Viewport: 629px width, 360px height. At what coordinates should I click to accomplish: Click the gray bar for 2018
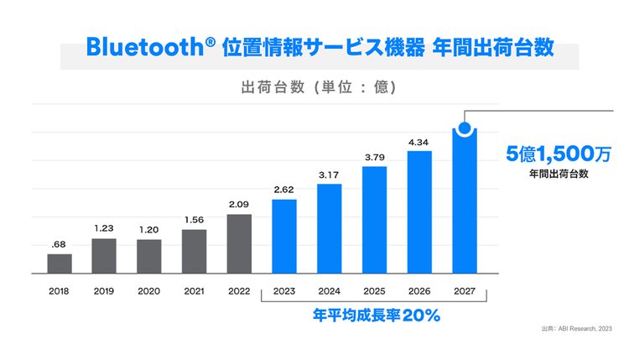(60, 263)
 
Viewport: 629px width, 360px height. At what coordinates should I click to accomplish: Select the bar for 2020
(149, 257)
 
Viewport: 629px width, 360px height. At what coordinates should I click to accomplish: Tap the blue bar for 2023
(284, 236)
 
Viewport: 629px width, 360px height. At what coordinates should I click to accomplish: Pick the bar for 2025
(374, 220)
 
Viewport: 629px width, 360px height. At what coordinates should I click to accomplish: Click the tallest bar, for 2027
(464, 206)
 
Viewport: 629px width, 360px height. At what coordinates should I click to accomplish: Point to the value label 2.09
(239, 204)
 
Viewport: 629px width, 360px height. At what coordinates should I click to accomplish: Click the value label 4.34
(418, 142)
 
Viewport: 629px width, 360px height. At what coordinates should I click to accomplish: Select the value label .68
(59, 244)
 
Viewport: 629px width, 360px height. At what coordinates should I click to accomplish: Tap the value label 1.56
(194, 220)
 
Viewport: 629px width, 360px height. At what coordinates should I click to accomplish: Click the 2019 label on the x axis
(104, 293)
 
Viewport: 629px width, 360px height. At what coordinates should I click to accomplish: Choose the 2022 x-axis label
(239, 293)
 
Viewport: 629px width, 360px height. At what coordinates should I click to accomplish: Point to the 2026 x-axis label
(418, 293)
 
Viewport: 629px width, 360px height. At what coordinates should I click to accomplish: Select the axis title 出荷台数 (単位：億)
(319, 87)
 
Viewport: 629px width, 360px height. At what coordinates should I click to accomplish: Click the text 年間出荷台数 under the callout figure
(559, 175)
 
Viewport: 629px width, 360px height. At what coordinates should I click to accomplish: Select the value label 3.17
(329, 175)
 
